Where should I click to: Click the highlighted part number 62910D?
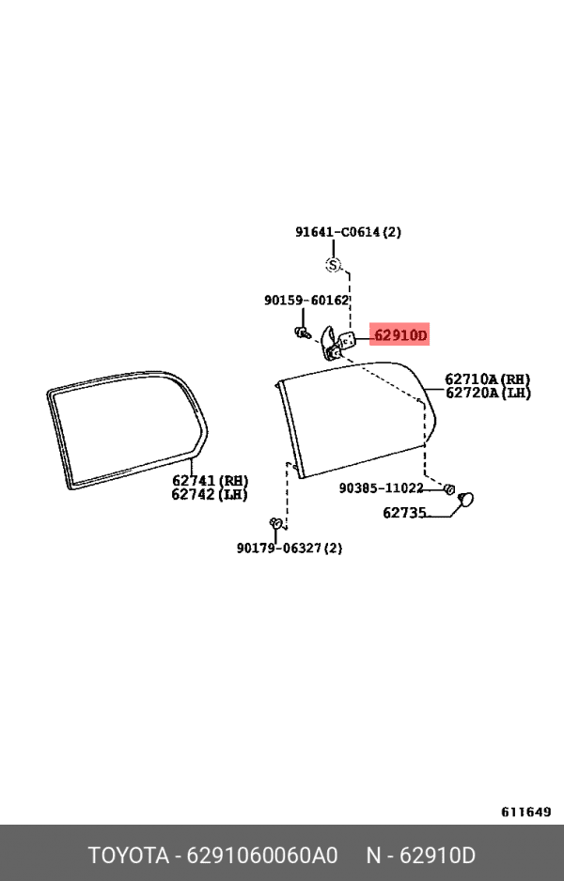click(x=399, y=335)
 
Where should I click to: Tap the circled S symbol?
click(x=334, y=265)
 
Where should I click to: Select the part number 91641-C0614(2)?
click(x=348, y=231)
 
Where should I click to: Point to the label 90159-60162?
click(x=306, y=301)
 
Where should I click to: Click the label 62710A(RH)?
click(x=488, y=379)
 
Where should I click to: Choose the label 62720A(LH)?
click(x=488, y=393)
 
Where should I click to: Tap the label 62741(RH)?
click(x=210, y=481)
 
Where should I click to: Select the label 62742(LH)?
click(x=210, y=494)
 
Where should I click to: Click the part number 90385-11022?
click(x=381, y=487)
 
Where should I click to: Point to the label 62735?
click(x=404, y=513)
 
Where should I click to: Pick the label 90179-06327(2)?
click(x=289, y=548)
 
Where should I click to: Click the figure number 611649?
click(x=525, y=811)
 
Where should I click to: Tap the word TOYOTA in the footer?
click(x=129, y=855)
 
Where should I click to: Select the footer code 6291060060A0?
click(x=262, y=855)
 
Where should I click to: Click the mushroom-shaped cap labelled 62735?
click(x=465, y=500)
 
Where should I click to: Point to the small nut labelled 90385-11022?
click(x=448, y=488)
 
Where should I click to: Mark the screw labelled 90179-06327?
click(x=275, y=523)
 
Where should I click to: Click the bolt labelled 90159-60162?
click(x=302, y=332)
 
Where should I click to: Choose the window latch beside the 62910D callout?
click(x=337, y=342)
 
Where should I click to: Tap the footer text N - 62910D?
click(x=420, y=855)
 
